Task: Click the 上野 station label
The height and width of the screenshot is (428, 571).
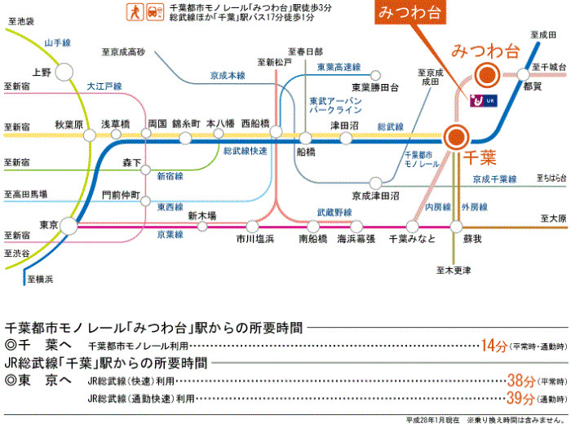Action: [x=41, y=73]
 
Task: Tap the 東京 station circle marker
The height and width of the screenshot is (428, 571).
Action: [x=67, y=222]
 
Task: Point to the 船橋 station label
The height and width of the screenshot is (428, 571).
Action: [x=306, y=152]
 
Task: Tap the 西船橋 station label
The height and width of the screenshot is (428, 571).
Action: [x=256, y=124]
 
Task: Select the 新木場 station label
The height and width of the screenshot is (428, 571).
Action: [x=201, y=216]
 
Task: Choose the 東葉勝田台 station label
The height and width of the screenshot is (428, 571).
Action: [x=374, y=87]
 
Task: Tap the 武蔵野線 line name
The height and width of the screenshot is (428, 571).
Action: [x=334, y=212]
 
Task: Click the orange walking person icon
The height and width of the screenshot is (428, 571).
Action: [x=131, y=11]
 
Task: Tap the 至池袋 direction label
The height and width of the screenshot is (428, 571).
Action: [x=22, y=20]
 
